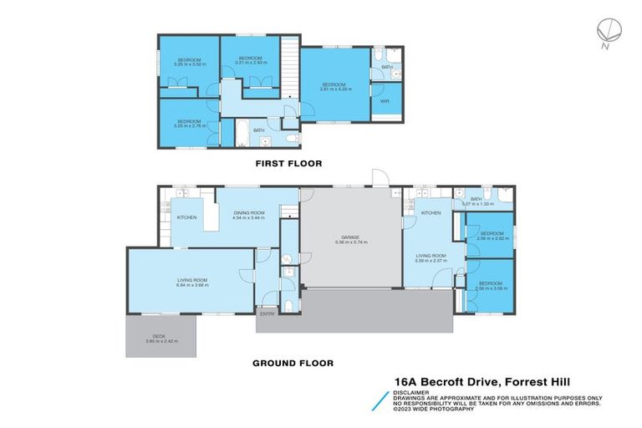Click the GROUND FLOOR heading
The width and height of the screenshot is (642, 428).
[x=293, y=364]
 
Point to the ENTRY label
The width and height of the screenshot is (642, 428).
[x=267, y=313]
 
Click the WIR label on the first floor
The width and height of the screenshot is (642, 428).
[x=385, y=101]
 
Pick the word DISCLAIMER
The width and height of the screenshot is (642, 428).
[x=413, y=391]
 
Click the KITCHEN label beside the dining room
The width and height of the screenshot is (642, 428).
[x=186, y=217]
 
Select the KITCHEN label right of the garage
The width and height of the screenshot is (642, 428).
[x=431, y=213]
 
